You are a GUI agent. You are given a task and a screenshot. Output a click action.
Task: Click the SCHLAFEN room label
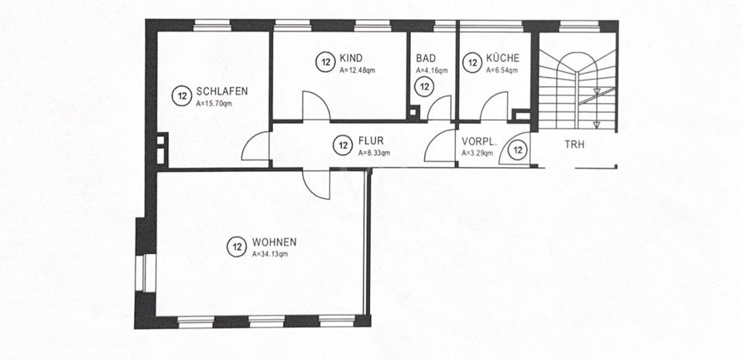click(x=221, y=91)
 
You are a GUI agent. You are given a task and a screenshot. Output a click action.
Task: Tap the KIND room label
click(x=351, y=59)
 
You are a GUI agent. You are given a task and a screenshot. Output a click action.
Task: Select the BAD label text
click(x=425, y=59)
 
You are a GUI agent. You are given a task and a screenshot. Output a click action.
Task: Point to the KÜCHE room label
click(x=502, y=59)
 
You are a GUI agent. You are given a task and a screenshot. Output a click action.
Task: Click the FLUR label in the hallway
click(x=371, y=142)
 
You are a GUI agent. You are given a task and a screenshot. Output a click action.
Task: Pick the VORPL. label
click(x=478, y=142)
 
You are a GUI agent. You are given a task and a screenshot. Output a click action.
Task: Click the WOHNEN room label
click(x=274, y=242)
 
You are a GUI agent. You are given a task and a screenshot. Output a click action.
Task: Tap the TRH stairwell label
click(x=574, y=145)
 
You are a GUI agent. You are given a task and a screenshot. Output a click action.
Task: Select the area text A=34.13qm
click(x=270, y=253)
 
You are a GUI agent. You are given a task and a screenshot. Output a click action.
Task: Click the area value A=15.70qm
click(x=214, y=102)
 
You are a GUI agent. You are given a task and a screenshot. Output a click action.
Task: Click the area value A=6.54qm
click(x=502, y=70)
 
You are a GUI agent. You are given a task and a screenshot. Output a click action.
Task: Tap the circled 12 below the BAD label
click(x=423, y=87)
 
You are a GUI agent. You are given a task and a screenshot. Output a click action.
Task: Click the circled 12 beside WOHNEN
click(x=237, y=248)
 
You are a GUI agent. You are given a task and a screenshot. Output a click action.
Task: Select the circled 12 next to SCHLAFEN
click(x=182, y=97)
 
